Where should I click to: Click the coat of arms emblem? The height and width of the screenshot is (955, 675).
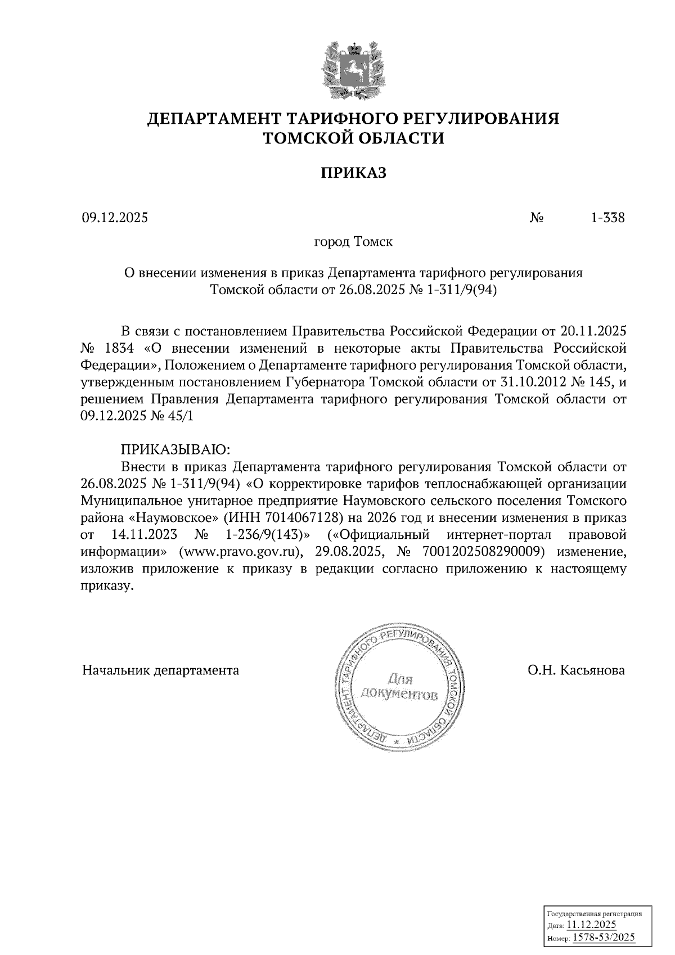pyautogui.click(x=353, y=69)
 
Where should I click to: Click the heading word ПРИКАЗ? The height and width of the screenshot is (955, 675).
pyautogui.click(x=353, y=173)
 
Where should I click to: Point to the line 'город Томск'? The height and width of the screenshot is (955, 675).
pyautogui.click(x=353, y=242)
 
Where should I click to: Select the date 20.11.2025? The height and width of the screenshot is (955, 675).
pyautogui.click(x=594, y=329)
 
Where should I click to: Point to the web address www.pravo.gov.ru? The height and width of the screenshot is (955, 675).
pyautogui.click(x=242, y=551)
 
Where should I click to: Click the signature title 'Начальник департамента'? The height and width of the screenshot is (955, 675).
pyautogui.click(x=160, y=670)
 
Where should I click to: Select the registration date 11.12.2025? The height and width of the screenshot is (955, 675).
pyautogui.click(x=591, y=925)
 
